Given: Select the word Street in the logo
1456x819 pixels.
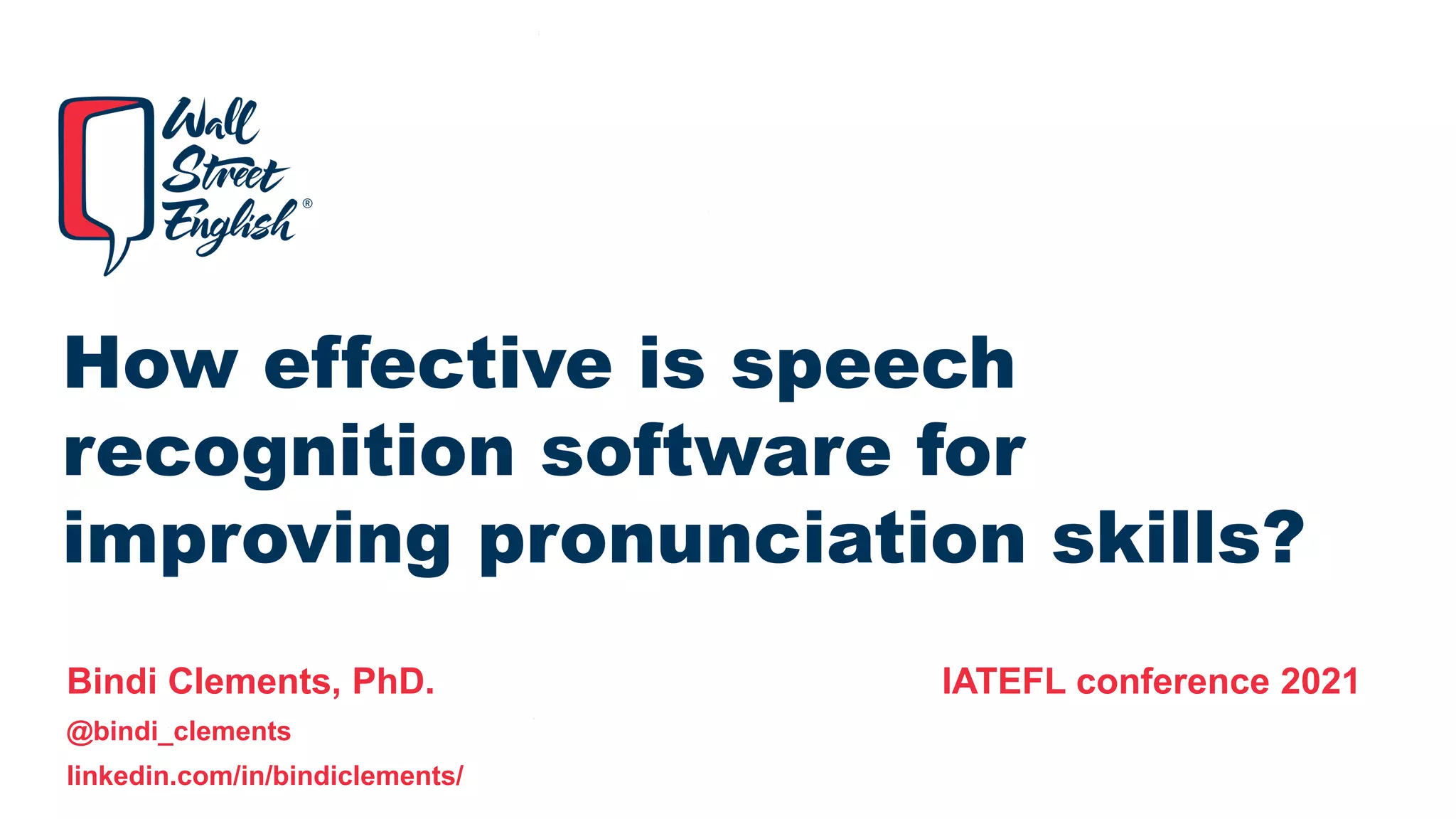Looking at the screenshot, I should coord(224,171).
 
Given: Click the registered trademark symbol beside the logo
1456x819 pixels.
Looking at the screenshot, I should coord(307,203).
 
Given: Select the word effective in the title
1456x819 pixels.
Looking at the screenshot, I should coord(437,363).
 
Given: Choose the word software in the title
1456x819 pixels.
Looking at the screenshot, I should coord(716,451).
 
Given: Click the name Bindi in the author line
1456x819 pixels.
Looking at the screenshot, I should coord(112,681).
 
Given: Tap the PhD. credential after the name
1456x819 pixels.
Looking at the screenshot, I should coord(393,681).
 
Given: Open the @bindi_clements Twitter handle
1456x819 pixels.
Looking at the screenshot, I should coord(178,732).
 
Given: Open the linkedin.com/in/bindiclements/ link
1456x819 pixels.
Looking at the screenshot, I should coord(264,776).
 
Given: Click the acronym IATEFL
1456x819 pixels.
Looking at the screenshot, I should coord(1003,681).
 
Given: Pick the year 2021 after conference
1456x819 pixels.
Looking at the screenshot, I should coord(1319,681).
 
